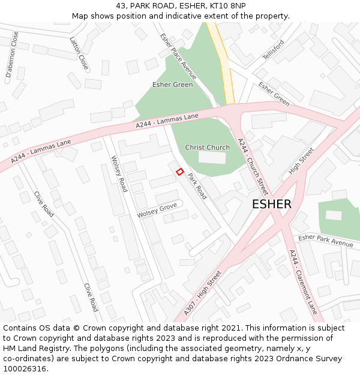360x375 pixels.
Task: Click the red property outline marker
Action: coord(179,172)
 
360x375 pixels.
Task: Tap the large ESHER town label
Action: coord(272,204)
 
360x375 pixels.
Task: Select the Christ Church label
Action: coord(207,148)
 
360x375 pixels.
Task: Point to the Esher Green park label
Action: coord(173,85)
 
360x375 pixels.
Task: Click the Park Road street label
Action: coord(197,187)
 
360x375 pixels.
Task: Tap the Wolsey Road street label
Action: coord(119,173)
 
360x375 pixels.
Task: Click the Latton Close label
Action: coord(79,53)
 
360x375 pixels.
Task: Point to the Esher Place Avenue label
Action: coord(178,56)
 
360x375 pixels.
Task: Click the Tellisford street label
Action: coord(273,50)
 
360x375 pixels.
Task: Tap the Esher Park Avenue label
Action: coord(326,240)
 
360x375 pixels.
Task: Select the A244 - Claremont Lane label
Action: coord(302,282)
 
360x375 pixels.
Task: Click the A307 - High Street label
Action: coord(202,293)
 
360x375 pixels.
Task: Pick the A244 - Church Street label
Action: coord(253,163)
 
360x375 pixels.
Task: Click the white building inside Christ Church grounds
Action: coord(212,158)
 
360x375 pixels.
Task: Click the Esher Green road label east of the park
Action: coord(274,94)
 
